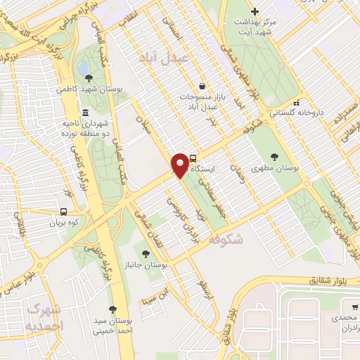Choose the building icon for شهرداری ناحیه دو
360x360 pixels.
85,113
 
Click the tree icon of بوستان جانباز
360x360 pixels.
146,254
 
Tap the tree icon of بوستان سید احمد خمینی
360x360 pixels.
112,309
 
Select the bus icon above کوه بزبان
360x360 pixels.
64,212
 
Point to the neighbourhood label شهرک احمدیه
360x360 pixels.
41,318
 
